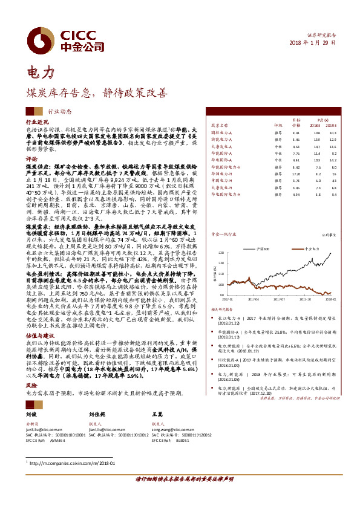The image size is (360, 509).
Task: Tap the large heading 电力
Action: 41,74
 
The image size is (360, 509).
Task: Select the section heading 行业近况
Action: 36,122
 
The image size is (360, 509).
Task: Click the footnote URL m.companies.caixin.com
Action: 64,463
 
